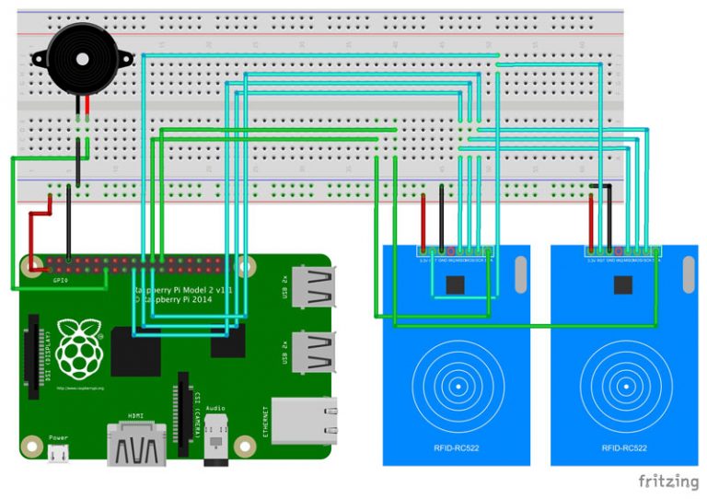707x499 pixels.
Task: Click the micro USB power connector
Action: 58,452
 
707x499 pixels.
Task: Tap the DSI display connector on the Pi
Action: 34,354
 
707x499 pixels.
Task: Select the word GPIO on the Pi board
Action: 62,279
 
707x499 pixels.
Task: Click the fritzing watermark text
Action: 668,481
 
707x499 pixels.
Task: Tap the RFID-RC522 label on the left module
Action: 457,447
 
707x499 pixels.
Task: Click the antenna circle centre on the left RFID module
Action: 457,386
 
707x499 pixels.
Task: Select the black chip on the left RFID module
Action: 456,284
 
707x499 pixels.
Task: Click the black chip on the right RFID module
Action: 623,284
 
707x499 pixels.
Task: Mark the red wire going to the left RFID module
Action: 424,217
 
